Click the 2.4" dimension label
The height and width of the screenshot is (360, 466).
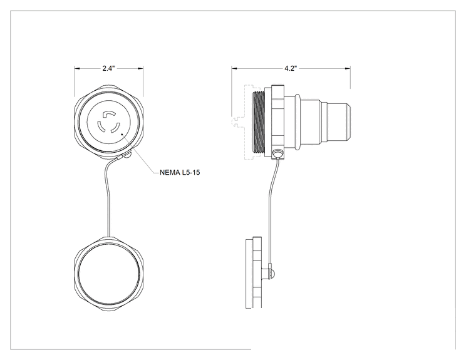point(108,68)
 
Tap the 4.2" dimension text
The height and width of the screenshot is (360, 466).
point(291,68)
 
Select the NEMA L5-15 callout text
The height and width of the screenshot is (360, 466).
point(180,172)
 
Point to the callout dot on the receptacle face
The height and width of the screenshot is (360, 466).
point(122,134)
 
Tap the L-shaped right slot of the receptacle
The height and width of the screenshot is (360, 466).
point(115,128)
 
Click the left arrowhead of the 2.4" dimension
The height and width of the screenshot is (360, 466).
point(77,69)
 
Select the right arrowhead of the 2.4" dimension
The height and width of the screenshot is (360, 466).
point(140,69)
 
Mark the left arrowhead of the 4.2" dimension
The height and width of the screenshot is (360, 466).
point(234,69)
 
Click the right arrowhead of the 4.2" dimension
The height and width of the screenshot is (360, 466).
point(348,69)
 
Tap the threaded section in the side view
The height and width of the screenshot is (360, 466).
point(258,122)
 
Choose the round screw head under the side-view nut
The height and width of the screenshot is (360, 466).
point(278,153)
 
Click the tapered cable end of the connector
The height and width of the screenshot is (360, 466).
point(339,121)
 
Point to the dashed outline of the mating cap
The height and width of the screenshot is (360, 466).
point(241,122)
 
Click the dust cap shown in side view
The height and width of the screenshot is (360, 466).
point(254,272)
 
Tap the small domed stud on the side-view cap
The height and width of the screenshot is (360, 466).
point(272,272)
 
